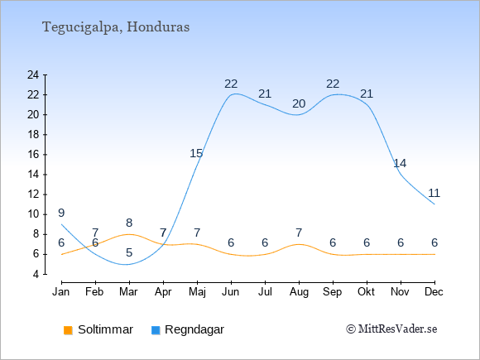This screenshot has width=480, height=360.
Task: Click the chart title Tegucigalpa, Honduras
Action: pos(116,27)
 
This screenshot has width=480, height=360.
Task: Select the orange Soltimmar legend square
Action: pos(68,330)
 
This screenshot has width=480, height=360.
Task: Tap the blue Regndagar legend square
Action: pos(156,330)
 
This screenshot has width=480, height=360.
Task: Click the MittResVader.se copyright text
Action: pos(391,329)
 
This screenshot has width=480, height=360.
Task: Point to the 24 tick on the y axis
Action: pos(33,74)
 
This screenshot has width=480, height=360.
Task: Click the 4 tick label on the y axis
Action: pos(36,274)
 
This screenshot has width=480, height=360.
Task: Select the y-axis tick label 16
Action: pos(33,154)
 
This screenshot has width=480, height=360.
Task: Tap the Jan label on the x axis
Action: pos(61,292)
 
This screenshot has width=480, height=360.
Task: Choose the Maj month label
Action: pos(197,292)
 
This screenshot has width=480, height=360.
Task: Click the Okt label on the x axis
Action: pos(366,292)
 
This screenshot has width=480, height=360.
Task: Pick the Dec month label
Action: pos(434,292)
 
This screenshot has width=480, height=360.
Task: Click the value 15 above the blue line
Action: pos(196,153)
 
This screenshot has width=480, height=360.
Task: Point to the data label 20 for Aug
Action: pos(299,104)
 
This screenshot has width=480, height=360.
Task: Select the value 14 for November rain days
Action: pos(400,164)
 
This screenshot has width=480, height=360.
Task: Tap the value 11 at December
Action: pos(434,193)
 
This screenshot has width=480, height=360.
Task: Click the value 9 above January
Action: pos(61,213)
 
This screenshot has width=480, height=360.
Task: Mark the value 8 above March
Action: pos(129,223)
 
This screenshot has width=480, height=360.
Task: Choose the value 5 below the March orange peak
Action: pos(129,253)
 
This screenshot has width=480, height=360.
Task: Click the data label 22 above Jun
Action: pos(231,84)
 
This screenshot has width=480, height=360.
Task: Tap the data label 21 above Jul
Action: pos(265,94)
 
